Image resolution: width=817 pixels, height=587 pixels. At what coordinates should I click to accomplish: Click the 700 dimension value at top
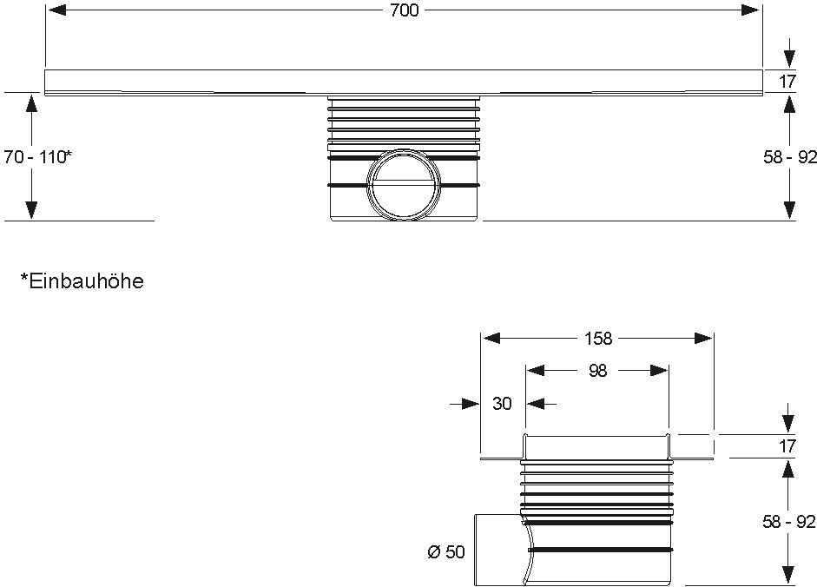tap(404, 10)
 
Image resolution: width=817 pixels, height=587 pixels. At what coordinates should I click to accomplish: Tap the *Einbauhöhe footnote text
tap(82, 281)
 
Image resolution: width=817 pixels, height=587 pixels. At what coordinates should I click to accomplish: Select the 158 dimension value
tap(598, 338)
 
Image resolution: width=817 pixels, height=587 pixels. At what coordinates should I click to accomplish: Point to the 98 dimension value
tap(598, 371)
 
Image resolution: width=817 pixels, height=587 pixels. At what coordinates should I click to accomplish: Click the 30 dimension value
tap(502, 404)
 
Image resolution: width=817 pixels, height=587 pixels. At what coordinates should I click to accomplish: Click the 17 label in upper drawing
tap(787, 82)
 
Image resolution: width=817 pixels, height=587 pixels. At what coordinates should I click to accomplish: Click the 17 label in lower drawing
tap(787, 447)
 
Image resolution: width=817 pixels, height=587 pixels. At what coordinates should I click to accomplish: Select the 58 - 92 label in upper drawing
tap(788, 157)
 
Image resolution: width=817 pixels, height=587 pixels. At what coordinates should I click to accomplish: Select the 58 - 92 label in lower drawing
tap(788, 522)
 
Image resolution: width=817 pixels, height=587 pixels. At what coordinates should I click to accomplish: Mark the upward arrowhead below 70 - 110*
tap(31, 209)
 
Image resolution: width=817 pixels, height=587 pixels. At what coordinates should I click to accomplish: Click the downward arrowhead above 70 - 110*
tap(31, 103)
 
